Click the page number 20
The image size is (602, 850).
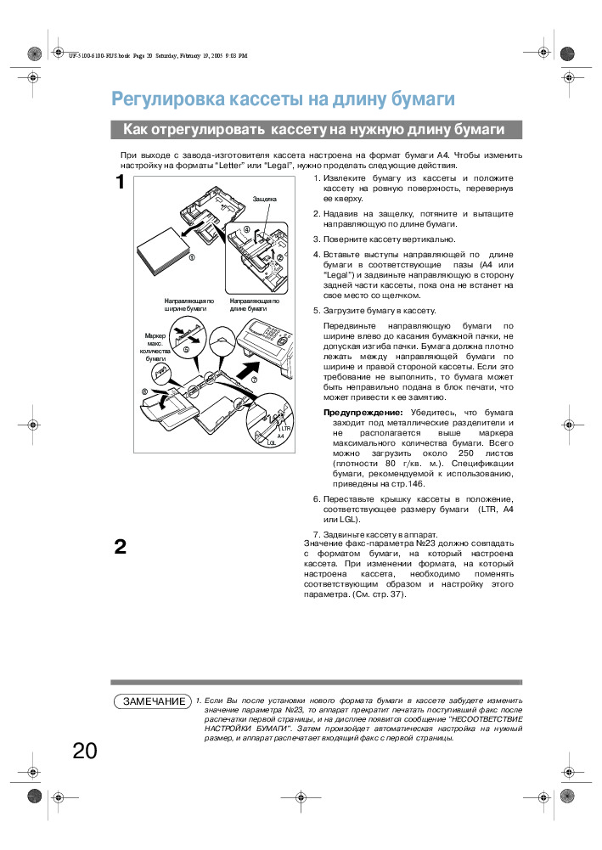coord(85,751)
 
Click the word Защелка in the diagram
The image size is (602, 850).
coord(264,199)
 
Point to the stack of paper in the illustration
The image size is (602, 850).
coord(165,250)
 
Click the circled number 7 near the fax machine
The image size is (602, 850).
coord(254,380)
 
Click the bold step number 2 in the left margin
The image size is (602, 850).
coord(121,546)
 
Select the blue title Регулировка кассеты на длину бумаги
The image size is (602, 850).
coord(284,99)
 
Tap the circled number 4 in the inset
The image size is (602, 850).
coord(247,229)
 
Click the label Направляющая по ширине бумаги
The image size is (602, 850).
coord(189,305)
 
